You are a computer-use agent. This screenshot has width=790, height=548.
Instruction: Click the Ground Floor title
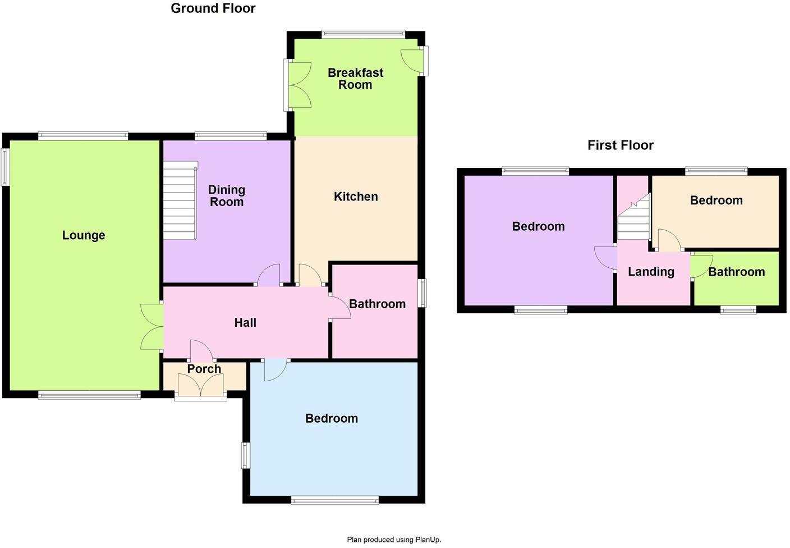point(213,8)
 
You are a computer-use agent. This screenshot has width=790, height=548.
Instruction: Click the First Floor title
point(620,145)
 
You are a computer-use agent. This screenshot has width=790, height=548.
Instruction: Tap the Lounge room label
point(84,235)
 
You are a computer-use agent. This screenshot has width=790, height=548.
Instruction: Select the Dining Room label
point(227,196)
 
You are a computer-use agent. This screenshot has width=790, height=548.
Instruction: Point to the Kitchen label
point(356,197)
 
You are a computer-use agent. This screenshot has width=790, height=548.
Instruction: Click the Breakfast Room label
point(355,79)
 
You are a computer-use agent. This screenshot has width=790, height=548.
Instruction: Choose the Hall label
point(245,322)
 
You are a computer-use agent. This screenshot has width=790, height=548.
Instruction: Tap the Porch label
point(204,369)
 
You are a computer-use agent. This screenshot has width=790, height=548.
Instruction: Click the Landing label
point(651,272)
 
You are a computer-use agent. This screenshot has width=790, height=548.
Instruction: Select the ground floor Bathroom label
point(377,304)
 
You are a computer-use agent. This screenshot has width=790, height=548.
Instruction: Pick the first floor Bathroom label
point(736,272)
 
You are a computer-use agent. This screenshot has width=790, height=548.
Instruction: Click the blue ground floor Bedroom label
point(331,418)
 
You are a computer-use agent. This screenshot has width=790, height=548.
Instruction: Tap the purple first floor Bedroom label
point(538,226)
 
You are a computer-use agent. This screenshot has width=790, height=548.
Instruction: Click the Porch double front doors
point(201,386)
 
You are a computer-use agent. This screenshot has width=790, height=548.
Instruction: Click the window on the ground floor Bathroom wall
point(424,293)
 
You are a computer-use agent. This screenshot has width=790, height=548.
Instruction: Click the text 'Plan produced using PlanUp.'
point(394,540)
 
